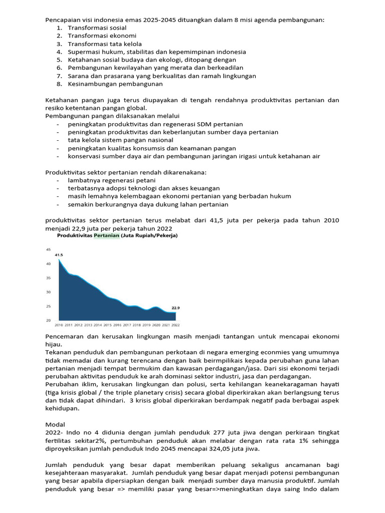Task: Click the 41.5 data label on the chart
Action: click(59, 255)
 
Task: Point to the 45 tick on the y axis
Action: click(49, 249)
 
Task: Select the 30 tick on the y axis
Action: click(49, 292)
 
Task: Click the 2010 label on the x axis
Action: click(59, 325)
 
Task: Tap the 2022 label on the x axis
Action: click(175, 325)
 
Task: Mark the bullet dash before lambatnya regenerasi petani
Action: click(59, 180)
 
